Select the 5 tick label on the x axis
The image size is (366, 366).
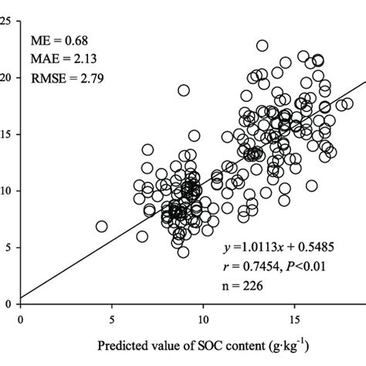[112, 317]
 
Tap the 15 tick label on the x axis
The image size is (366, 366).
[294, 317]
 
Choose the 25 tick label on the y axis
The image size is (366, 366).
[7, 21]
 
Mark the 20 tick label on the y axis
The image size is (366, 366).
[7, 77]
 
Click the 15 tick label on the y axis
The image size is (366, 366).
[7, 134]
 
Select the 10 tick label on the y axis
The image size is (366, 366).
[7, 191]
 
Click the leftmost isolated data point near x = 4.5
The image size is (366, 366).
[101, 226]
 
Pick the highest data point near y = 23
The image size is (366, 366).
[263, 46]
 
